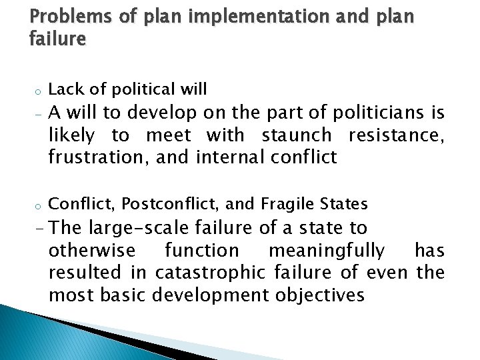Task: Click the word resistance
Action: click(395, 136)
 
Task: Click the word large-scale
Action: click(139, 228)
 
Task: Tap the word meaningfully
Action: click(326, 251)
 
